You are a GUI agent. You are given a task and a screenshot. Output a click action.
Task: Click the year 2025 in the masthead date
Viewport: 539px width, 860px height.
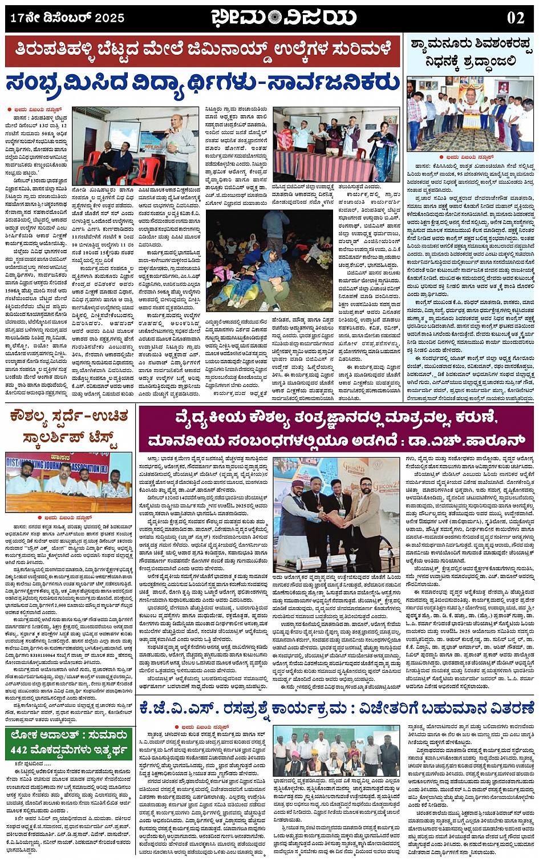pyautogui.click(x=110, y=18)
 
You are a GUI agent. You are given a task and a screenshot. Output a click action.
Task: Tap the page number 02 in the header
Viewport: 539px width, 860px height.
pyautogui.click(x=515, y=18)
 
